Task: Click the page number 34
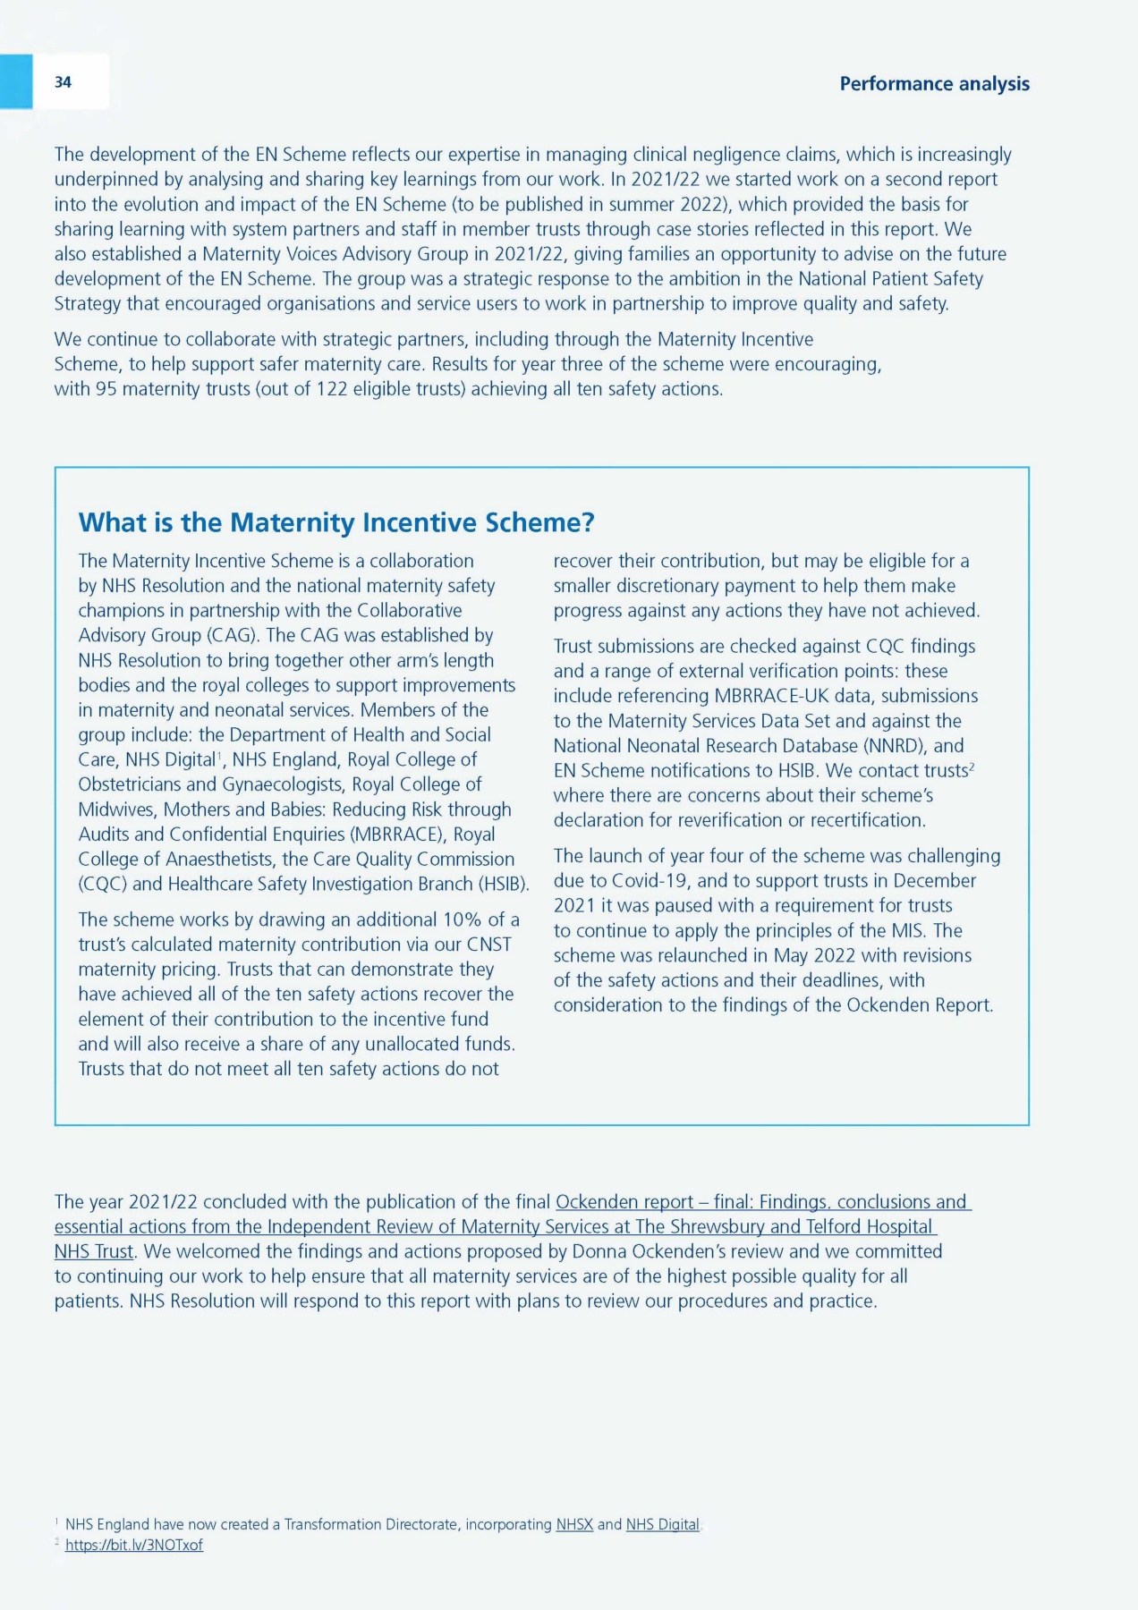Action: (x=63, y=82)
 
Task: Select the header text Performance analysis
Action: (x=934, y=84)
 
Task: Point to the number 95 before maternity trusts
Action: (x=106, y=389)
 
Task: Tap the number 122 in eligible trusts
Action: (x=331, y=389)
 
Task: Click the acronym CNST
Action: (x=489, y=945)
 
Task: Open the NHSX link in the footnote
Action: (x=574, y=1524)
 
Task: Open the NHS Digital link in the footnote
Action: (x=662, y=1524)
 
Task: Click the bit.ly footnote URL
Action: (x=134, y=1545)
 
